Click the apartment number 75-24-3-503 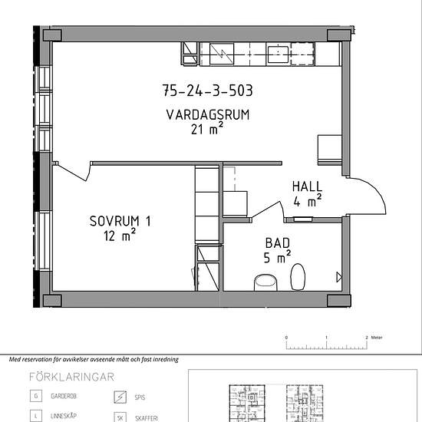207,91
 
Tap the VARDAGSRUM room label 208,115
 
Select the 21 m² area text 207,129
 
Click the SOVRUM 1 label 120,221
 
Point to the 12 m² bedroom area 120,236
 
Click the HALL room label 307,186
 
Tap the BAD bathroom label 278,243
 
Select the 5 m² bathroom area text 277,257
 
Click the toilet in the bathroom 298,277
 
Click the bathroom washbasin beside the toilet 265,282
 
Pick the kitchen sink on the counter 279,54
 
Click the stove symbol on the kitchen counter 222,54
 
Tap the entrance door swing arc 374,190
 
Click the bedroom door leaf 71,173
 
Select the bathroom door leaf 267,209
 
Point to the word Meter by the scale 377,338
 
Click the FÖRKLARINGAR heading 71,377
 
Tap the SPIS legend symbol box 120,397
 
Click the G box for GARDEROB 36,396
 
